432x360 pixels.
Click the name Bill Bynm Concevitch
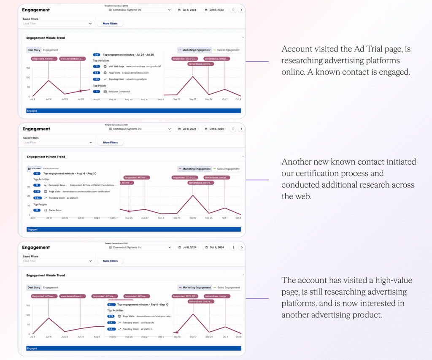pyautogui.click(x=120, y=91)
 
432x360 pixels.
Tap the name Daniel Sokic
pyautogui.click(x=55, y=210)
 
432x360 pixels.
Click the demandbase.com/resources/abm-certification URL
pyautogui.click(x=86, y=191)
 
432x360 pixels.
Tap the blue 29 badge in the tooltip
pyautogui.click(x=96, y=55)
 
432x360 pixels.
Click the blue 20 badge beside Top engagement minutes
pyautogui.click(x=37, y=173)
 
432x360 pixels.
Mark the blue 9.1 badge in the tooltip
pyautogui.click(x=111, y=304)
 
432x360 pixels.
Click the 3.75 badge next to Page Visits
pyautogui.click(x=111, y=316)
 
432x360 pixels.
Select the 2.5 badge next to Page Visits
pyautogui.click(x=96, y=73)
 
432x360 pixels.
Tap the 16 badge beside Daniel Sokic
pyautogui.click(x=37, y=210)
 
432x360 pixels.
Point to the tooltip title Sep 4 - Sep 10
pyautogui.click(x=143, y=304)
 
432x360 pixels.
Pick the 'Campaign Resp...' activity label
pyautogui.click(x=58, y=185)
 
